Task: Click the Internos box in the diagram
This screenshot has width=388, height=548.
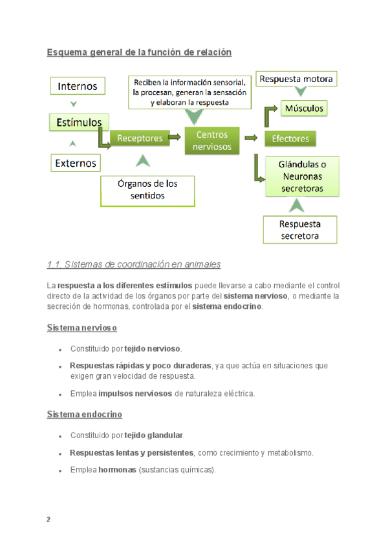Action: [x=78, y=86]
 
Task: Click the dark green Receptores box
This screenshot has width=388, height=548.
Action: [x=139, y=138]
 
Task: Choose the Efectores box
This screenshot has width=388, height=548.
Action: [x=290, y=138]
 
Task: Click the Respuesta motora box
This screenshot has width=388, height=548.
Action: [x=297, y=79]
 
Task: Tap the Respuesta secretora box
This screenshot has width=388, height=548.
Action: [x=299, y=230]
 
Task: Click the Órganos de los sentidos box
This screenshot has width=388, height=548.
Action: [x=147, y=189]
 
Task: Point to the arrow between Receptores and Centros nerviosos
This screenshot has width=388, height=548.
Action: [x=175, y=137]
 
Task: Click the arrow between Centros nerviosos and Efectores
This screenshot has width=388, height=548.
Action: [x=252, y=137]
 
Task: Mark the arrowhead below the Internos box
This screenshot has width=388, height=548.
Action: [x=74, y=104]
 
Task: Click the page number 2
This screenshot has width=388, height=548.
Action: [x=48, y=520]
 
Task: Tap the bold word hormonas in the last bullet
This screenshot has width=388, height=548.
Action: [x=116, y=470]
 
